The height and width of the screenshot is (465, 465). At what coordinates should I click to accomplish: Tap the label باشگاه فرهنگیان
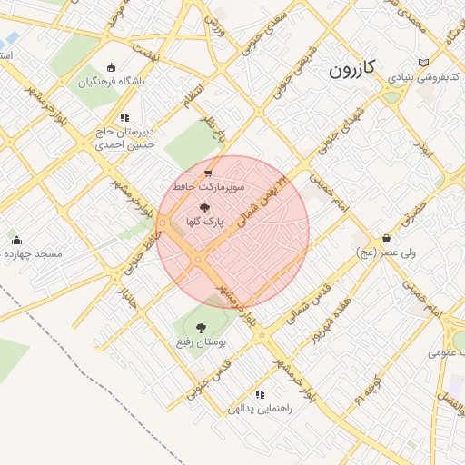[111, 82]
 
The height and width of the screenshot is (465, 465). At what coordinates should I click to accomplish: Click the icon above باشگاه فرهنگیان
[111, 67]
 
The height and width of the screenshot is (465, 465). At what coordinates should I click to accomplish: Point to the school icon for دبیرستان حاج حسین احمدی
[124, 117]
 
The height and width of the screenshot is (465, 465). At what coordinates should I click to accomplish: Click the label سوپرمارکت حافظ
[208, 187]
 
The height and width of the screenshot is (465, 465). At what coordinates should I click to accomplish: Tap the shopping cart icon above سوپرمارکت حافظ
[208, 173]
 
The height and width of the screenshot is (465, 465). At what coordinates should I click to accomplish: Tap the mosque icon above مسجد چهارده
[17, 241]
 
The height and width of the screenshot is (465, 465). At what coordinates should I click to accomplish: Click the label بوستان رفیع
[201, 343]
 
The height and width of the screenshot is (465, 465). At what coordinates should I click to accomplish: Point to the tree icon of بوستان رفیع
[201, 328]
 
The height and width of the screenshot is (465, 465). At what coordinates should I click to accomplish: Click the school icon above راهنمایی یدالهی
[261, 394]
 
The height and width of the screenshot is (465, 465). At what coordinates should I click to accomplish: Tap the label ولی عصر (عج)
[388, 253]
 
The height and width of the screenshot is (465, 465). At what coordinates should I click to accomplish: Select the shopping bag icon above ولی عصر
[387, 238]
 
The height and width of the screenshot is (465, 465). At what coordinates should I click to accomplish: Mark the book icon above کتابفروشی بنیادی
[420, 62]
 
